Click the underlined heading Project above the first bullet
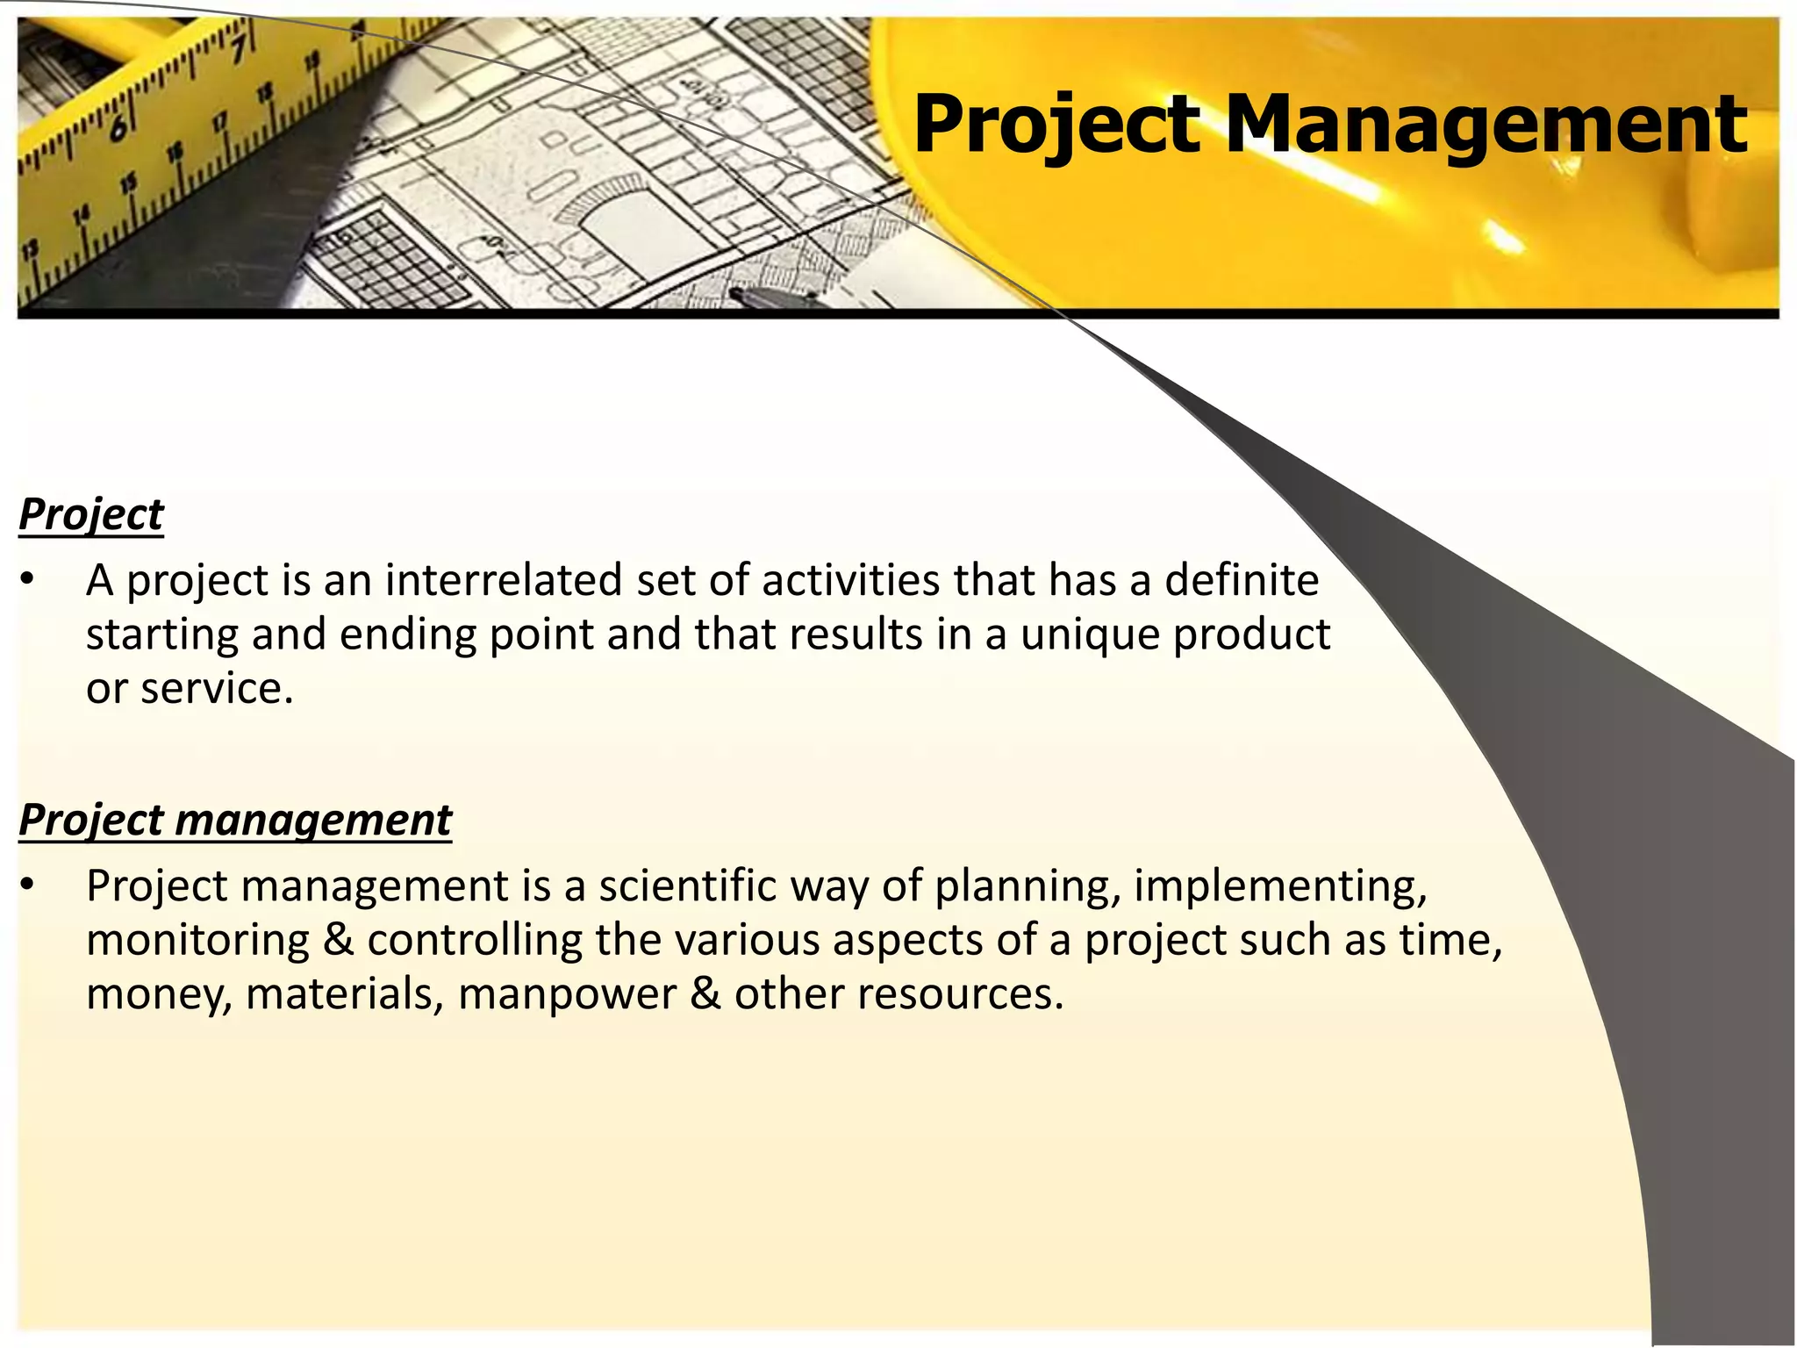(91, 514)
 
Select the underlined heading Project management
(235, 820)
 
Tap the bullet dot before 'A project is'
(28, 580)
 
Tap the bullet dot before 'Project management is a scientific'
(28, 886)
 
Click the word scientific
(687, 886)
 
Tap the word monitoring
(197, 941)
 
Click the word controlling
(475, 941)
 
